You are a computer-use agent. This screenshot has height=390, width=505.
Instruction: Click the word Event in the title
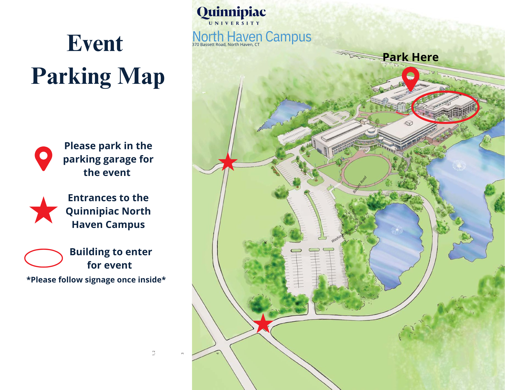(x=95, y=43)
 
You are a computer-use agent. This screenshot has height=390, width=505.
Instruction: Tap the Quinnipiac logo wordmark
(x=231, y=12)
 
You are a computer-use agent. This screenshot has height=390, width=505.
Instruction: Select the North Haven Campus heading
(x=252, y=37)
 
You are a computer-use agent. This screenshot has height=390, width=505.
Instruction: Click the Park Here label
(x=411, y=57)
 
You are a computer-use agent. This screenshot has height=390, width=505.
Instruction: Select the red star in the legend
(x=43, y=211)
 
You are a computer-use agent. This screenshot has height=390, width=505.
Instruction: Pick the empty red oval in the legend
(x=43, y=258)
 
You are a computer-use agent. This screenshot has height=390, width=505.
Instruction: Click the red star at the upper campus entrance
(x=228, y=162)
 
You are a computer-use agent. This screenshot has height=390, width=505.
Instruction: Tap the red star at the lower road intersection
(x=263, y=324)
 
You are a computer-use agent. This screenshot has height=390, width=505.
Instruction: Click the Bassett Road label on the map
(x=360, y=185)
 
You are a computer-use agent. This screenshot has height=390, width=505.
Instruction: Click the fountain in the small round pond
(x=397, y=230)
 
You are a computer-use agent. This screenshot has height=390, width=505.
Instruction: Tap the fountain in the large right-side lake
(x=459, y=166)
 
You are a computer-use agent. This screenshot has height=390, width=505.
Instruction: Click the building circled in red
(x=446, y=107)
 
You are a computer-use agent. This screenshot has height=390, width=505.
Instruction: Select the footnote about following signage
(x=96, y=280)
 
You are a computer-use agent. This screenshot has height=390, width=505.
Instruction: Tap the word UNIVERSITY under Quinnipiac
(x=234, y=23)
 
